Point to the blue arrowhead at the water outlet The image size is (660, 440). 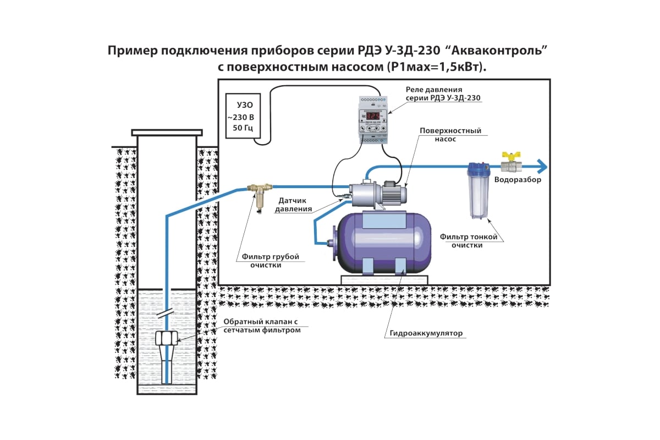(x=542, y=166)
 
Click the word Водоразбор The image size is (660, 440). (x=518, y=180)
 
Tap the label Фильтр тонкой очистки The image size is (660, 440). (x=468, y=241)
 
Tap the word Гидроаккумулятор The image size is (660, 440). (x=426, y=334)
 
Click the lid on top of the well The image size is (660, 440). (x=167, y=133)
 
